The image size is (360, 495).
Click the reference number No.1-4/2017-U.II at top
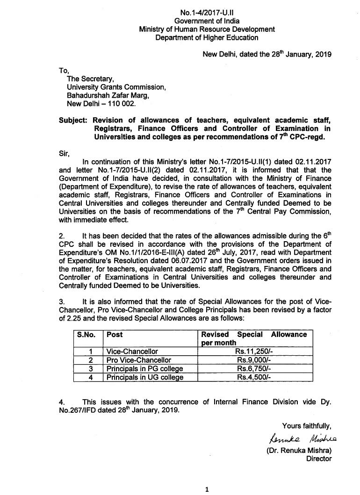pyautogui.click(x=207, y=13)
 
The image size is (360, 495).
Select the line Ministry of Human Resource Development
pyautogui.click(x=207, y=29)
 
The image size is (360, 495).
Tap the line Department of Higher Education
pyautogui.click(x=207, y=37)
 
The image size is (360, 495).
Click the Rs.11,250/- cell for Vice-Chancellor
pyautogui.click(x=253, y=351)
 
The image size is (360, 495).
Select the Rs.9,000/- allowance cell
pyautogui.click(x=253, y=360)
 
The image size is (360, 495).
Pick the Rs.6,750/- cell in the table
pyautogui.click(x=253, y=368)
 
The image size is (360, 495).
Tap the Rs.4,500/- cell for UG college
pyautogui.click(x=253, y=377)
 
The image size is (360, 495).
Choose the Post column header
pyautogui.click(x=115, y=335)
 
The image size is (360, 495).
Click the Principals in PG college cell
pyautogui.click(x=144, y=368)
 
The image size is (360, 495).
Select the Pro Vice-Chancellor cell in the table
pyautogui.click(x=139, y=360)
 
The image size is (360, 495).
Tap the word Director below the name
pyautogui.click(x=319, y=459)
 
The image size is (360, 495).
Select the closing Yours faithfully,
pyautogui.click(x=307, y=425)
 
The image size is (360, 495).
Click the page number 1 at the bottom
pyautogui.click(x=206, y=489)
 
